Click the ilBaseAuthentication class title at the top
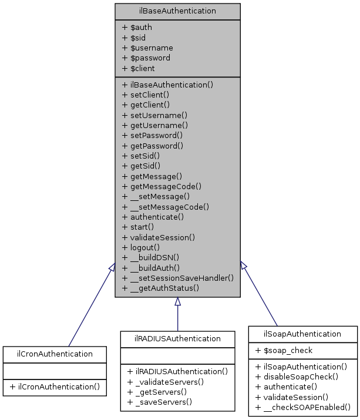tap(177, 11)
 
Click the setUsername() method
tap(154, 115)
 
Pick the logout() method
tap(142, 247)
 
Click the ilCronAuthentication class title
tap(54, 354)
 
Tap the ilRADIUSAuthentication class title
tap(177, 339)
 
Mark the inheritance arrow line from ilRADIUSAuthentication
tap(177, 318)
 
